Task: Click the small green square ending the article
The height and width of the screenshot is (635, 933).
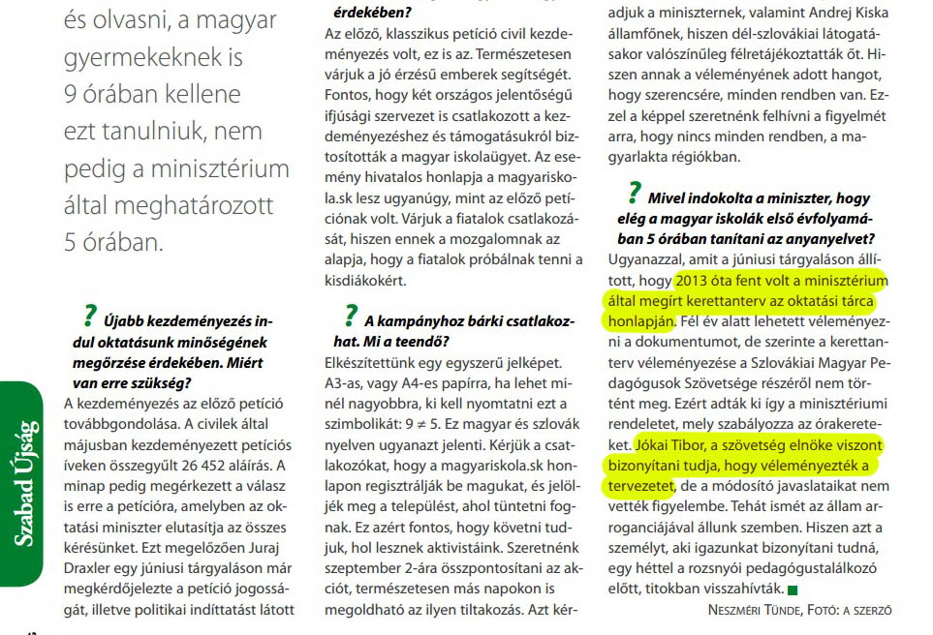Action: (792, 589)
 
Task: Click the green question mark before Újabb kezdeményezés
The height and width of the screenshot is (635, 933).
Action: (92, 315)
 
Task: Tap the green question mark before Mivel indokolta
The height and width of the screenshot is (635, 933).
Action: (635, 191)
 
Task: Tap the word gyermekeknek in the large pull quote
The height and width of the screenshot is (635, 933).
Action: (144, 57)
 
